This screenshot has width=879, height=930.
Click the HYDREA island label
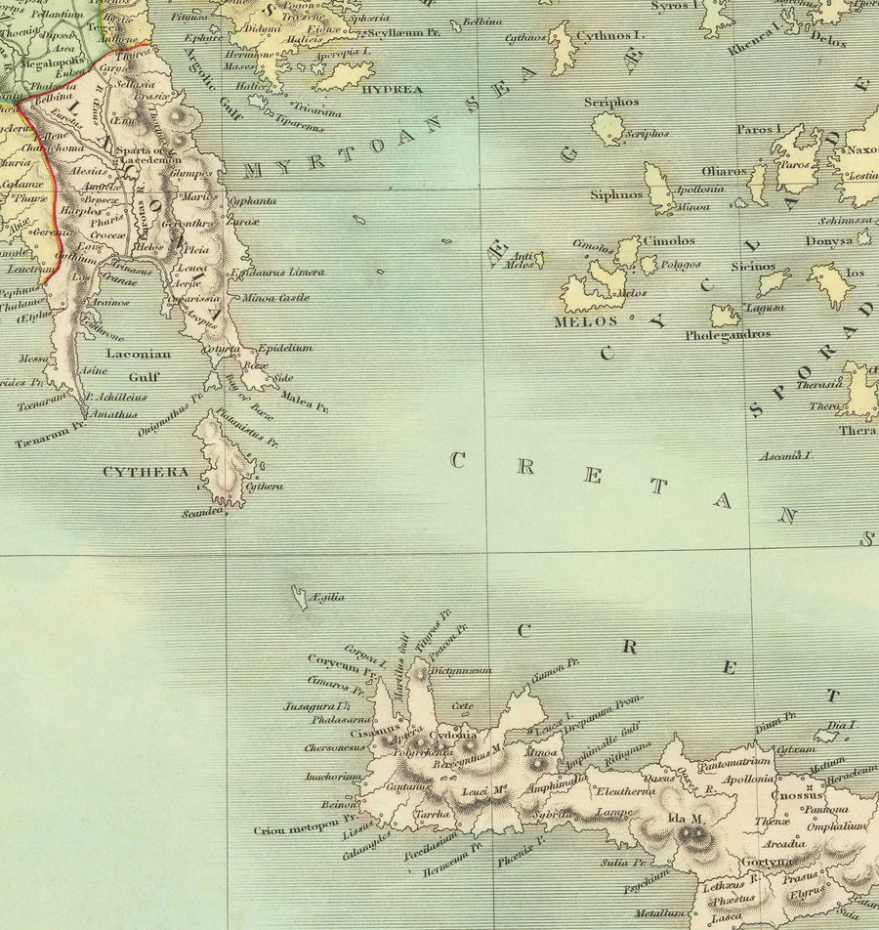coord(392,90)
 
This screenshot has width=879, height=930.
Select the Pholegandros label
coord(727,334)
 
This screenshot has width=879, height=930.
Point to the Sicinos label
coord(752,267)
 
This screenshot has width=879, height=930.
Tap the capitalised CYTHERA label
coord(146,472)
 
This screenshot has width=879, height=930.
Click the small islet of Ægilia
coord(298,594)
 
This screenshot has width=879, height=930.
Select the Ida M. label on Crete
coord(685,820)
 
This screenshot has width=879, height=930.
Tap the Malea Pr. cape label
coord(303,399)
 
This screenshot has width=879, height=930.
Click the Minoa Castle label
coord(275,297)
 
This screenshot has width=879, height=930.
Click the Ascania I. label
coord(790,455)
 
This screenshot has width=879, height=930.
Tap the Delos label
coord(829,42)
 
